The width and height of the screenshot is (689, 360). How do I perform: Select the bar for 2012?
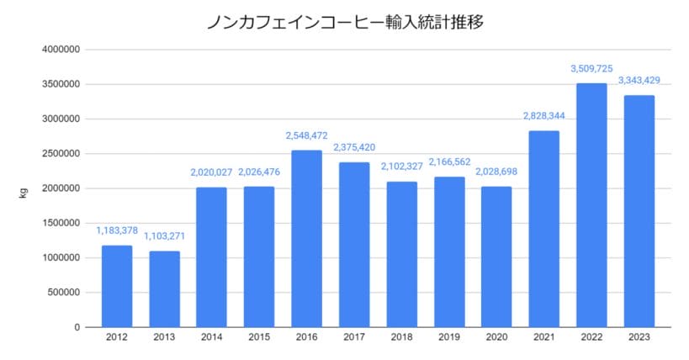click(117, 286)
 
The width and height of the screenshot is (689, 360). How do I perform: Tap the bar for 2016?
click(306, 239)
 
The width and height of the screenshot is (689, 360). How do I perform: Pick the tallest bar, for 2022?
click(591, 205)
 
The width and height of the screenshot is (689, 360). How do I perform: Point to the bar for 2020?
click(496, 257)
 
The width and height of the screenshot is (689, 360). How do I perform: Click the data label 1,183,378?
click(117, 230)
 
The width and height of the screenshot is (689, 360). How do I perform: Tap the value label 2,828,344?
click(544, 116)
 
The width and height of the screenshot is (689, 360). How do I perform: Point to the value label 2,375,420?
click(354, 147)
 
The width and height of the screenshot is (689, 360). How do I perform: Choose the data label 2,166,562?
click(449, 161)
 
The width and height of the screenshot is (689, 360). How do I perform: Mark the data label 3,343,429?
click(639, 81)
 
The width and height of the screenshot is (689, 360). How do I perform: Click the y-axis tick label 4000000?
click(61, 50)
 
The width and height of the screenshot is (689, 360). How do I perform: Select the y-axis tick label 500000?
click(64, 293)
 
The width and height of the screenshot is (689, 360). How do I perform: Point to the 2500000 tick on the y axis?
click(61, 154)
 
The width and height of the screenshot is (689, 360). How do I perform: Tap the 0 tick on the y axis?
click(77, 327)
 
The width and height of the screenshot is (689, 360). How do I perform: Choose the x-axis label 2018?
click(401, 338)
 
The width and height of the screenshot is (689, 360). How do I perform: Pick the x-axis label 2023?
click(639, 338)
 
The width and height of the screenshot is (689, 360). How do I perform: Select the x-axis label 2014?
click(212, 338)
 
